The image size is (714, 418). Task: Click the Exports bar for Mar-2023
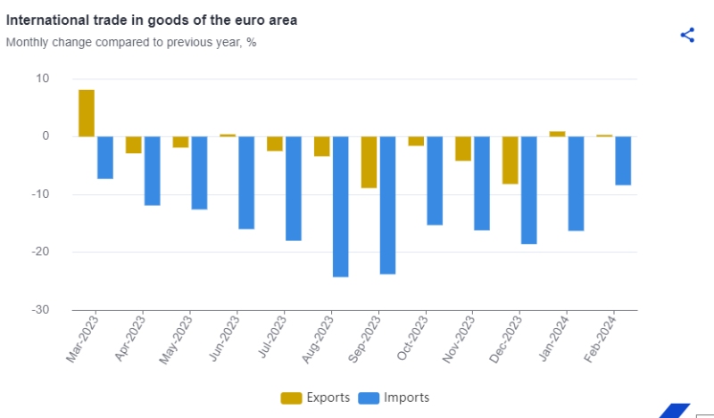click(x=87, y=113)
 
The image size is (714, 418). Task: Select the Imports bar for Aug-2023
click(x=340, y=206)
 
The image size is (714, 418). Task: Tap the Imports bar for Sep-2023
click(x=387, y=205)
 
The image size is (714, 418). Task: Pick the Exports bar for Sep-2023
click(x=369, y=162)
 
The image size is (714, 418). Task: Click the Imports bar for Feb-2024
click(x=623, y=160)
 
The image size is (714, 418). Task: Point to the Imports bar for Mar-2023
click(x=105, y=158)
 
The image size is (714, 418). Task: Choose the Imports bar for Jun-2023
click(x=246, y=183)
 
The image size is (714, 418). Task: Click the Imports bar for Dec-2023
click(x=528, y=190)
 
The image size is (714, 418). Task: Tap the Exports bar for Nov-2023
click(x=463, y=149)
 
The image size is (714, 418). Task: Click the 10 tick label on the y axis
click(x=42, y=78)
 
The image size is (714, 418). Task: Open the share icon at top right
click(x=687, y=35)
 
